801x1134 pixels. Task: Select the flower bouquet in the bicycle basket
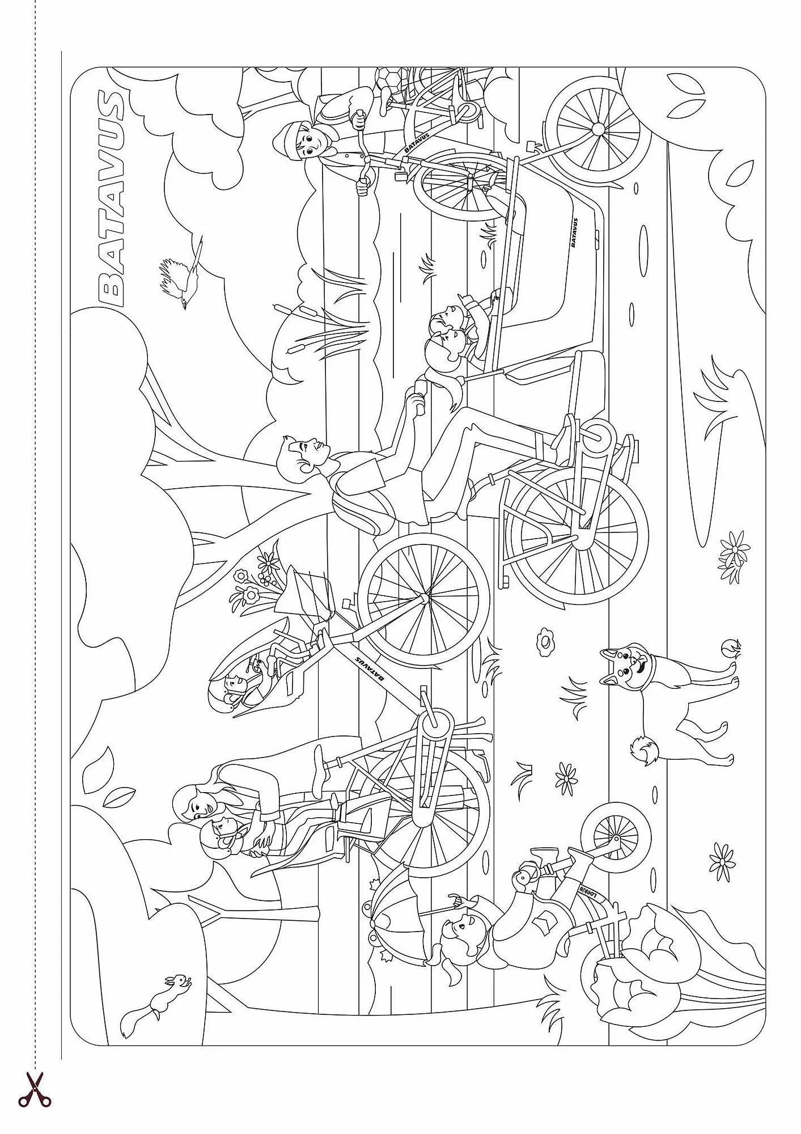tap(258, 573)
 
